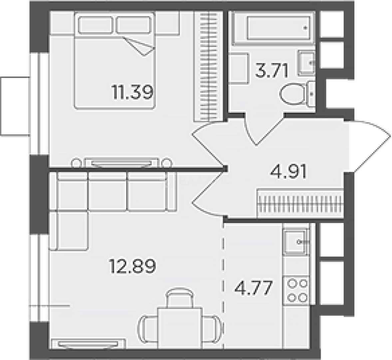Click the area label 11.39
click(133, 92)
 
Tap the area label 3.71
click(272, 71)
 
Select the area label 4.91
click(288, 172)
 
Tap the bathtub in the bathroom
click(273, 28)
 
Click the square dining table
click(180, 328)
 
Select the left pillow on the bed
click(95, 25)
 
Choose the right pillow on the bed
click(134, 25)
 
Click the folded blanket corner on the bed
click(140, 46)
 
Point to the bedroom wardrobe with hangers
click(208, 67)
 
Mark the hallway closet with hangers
click(300, 203)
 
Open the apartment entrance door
click(368, 146)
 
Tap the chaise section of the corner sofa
click(69, 230)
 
